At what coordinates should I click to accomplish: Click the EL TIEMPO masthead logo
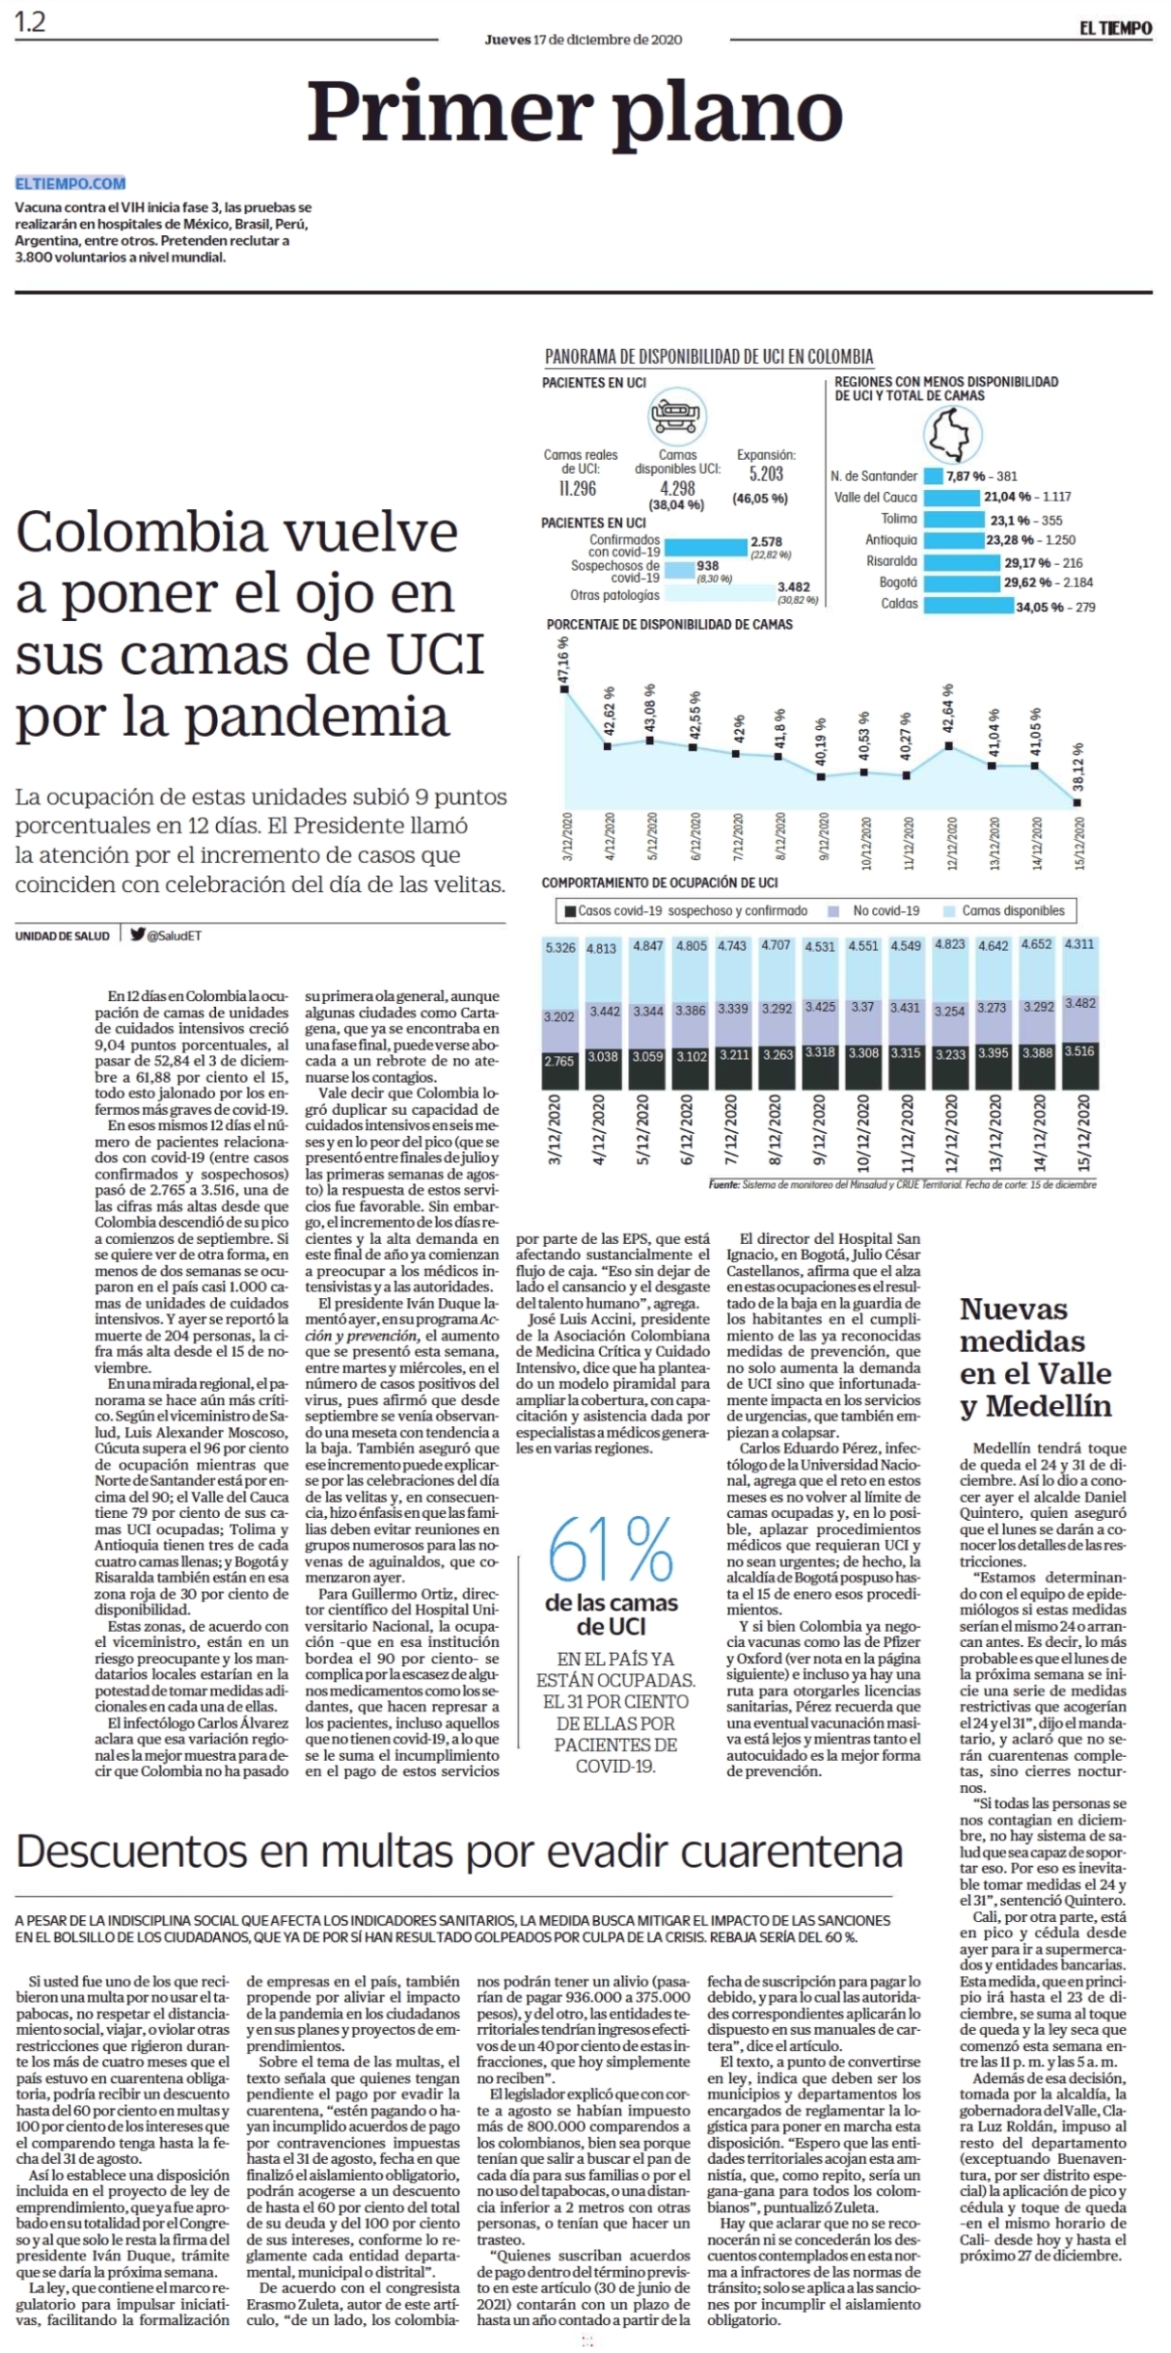[1115, 28]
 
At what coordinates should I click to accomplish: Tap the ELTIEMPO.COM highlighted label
[70, 183]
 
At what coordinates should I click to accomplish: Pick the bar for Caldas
[967, 605]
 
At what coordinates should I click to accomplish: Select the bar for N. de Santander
[933, 475]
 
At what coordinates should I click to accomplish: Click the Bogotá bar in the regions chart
[962, 582]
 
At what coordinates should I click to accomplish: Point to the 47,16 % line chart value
[563, 661]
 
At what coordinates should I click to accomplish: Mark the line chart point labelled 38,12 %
[1077, 801]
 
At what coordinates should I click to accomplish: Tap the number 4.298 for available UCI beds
[677, 488]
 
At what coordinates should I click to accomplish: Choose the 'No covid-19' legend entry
[879, 910]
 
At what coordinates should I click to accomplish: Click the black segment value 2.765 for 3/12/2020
[559, 1061]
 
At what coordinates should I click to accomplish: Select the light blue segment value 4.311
[1078, 944]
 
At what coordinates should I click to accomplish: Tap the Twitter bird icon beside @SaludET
[138, 934]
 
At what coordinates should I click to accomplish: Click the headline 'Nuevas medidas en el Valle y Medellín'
[1036, 1357]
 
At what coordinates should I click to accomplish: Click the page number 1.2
[30, 22]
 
